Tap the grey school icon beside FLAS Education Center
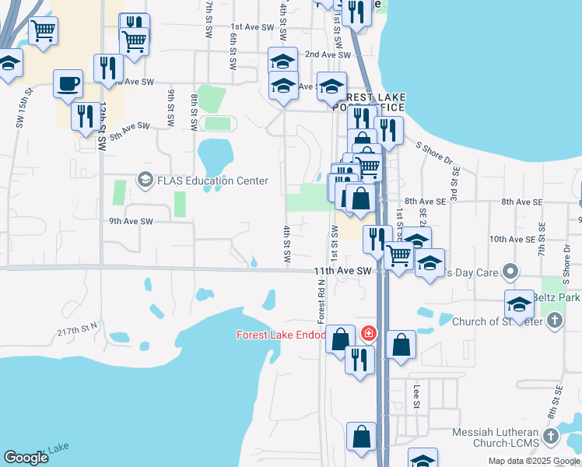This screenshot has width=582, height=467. click(x=144, y=181)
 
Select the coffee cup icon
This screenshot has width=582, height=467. click(x=68, y=83)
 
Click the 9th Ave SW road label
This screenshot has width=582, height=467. click(x=131, y=221)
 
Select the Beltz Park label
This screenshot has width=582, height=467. click(x=558, y=298)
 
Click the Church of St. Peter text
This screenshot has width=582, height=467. click(x=496, y=321)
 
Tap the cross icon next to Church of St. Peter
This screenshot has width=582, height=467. click(x=554, y=321)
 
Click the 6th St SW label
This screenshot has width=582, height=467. click(x=233, y=48)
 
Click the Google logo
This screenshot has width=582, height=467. click(x=26, y=458)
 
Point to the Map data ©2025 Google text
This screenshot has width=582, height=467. click(x=533, y=461)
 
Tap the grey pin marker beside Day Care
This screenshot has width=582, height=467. click(x=510, y=272)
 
